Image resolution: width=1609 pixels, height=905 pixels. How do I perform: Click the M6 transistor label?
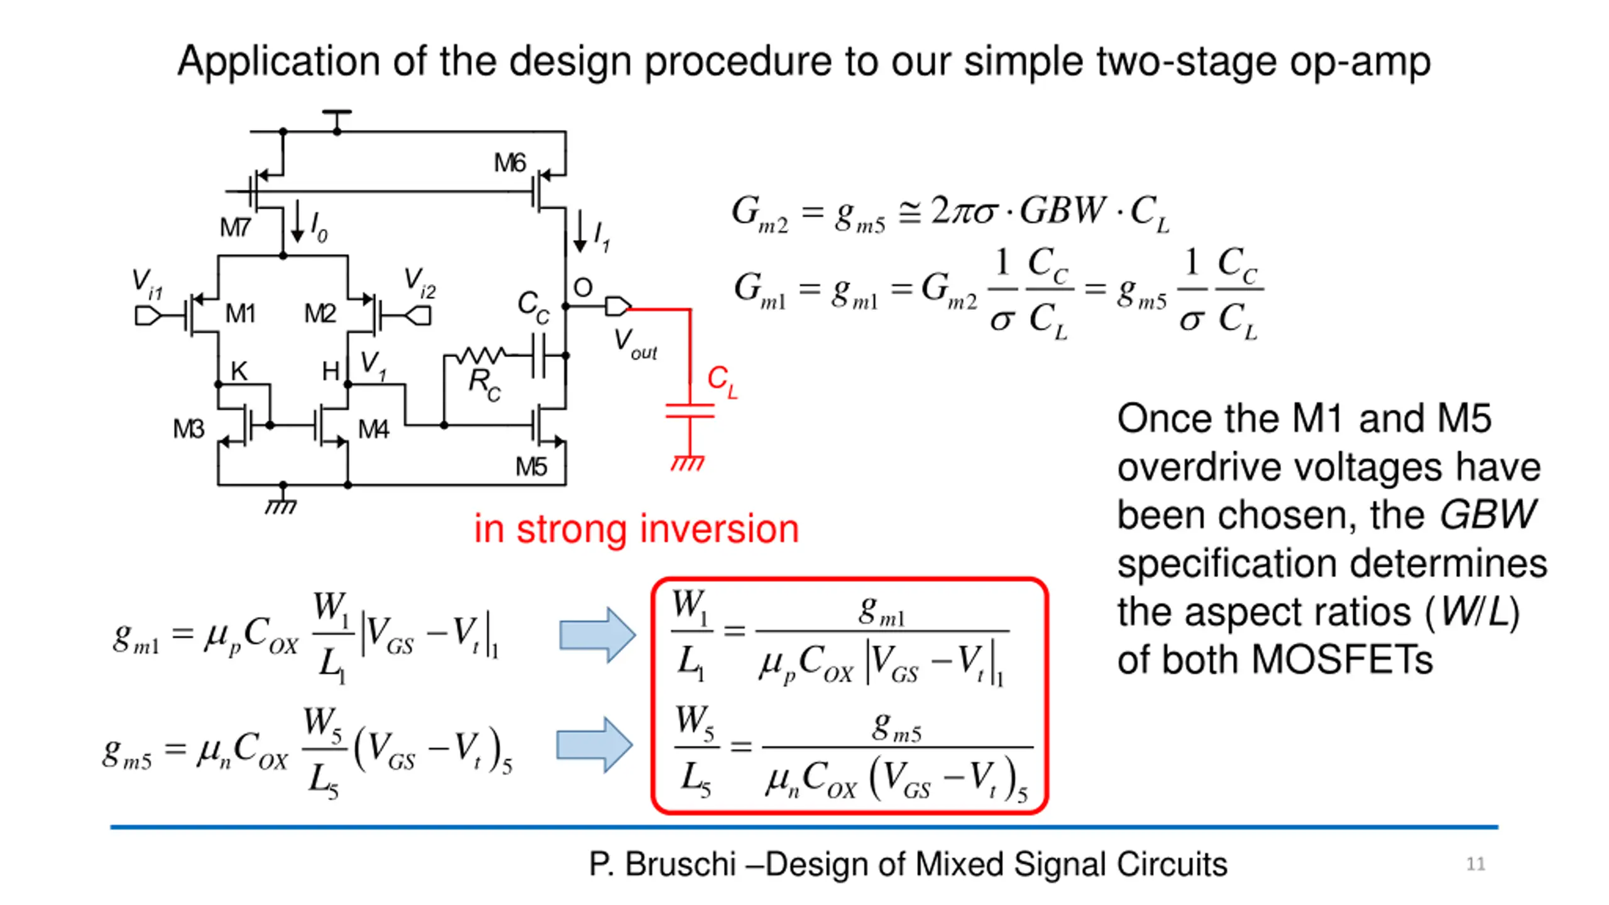click(509, 163)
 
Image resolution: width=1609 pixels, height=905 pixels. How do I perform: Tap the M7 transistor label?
click(235, 227)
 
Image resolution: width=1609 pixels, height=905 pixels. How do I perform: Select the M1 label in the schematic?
click(240, 313)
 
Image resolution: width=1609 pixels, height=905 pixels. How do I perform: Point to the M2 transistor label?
click(320, 313)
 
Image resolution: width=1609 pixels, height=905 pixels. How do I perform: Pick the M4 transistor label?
click(373, 429)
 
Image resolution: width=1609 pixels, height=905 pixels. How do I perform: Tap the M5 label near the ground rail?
click(531, 466)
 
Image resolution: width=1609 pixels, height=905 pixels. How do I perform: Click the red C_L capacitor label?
click(722, 382)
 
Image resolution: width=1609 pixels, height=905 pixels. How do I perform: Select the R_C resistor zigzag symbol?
click(481, 356)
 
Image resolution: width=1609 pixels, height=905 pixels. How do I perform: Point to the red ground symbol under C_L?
click(688, 463)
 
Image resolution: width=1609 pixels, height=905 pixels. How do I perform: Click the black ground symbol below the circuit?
click(281, 505)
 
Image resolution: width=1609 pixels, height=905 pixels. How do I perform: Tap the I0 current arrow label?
click(319, 227)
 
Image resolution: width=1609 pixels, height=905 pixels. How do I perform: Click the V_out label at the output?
click(635, 344)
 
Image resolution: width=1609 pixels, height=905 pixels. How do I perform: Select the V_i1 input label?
click(148, 284)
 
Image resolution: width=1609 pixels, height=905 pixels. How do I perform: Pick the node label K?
click(239, 371)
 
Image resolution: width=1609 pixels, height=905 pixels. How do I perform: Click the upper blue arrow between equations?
click(597, 635)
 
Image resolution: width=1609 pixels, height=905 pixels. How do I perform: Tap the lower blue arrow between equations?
click(595, 745)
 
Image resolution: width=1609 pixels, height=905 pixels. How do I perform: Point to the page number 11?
click(1476, 864)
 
